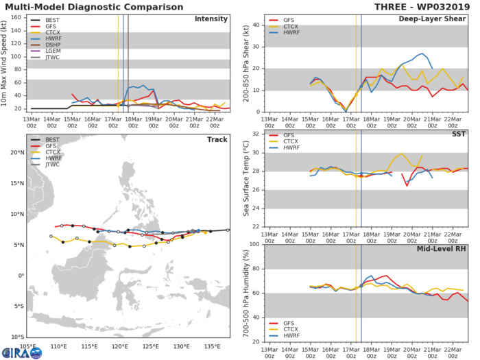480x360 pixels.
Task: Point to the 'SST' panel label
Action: point(459,134)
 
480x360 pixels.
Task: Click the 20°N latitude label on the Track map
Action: point(17,152)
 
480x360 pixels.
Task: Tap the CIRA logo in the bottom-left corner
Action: point(21,352)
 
